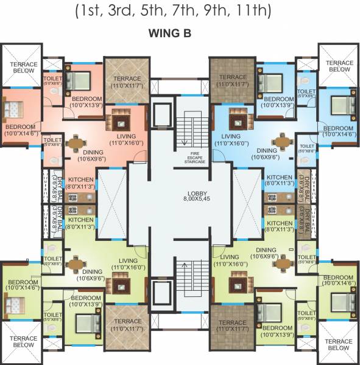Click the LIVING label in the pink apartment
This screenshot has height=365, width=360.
click(x=125, y=136)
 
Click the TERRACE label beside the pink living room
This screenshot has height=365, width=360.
click(x=127, y=78)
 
